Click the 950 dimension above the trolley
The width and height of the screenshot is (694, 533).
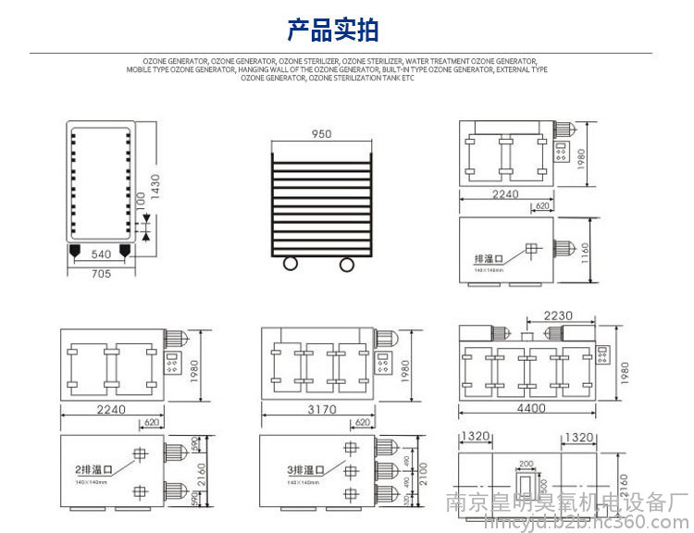321,134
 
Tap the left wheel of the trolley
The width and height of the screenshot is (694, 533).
291,265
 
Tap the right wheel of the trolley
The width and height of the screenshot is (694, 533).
347,265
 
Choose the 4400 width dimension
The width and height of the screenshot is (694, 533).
530,408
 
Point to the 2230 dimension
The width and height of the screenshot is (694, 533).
558,315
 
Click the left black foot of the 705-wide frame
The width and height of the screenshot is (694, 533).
74,249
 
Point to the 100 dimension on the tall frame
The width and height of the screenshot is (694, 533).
140,200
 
